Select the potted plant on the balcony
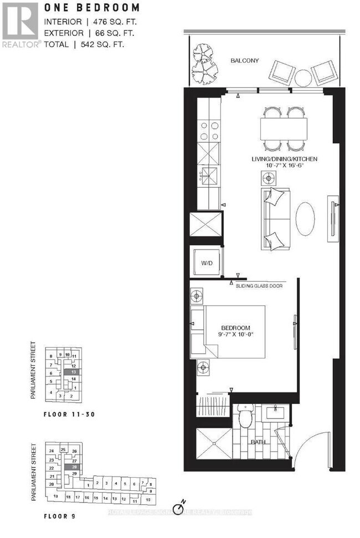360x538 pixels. click(x=205, y=62)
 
